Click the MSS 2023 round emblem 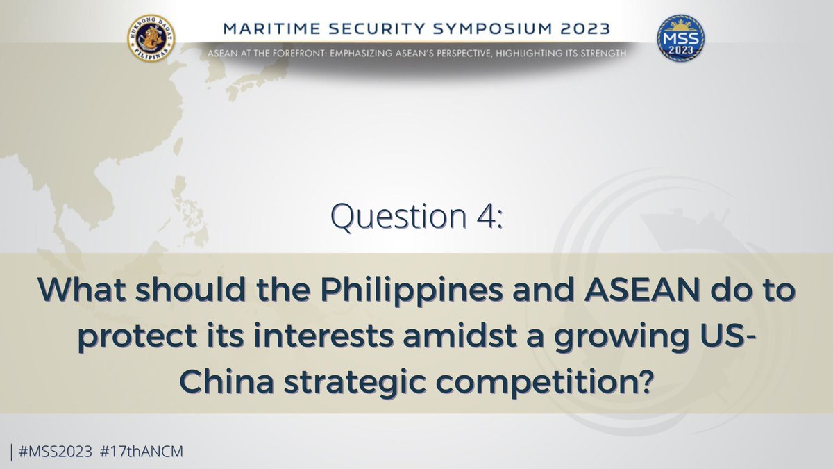(x=680, y=38)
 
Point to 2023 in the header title (x=584, y=30)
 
